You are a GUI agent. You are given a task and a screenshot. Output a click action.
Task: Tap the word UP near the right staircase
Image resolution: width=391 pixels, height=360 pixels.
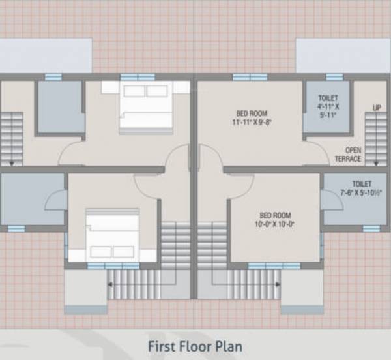(377, 107)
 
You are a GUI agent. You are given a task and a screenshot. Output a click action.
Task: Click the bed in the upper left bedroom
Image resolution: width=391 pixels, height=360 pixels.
(146, 108)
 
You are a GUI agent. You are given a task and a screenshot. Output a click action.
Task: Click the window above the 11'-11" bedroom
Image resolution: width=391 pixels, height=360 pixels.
(250, 77)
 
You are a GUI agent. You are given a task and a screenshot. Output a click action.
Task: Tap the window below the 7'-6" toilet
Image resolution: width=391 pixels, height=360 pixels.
(371, 229)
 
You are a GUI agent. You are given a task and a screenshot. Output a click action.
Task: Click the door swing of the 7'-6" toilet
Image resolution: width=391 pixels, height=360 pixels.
(332, 200)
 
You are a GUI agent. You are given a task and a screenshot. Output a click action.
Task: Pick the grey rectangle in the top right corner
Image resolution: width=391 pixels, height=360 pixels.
(343, 55)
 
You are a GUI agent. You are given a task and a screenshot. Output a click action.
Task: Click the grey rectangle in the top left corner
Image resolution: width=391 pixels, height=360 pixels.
(46, 55)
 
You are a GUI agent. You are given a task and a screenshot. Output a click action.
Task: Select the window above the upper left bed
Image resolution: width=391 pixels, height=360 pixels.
(138, 77)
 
